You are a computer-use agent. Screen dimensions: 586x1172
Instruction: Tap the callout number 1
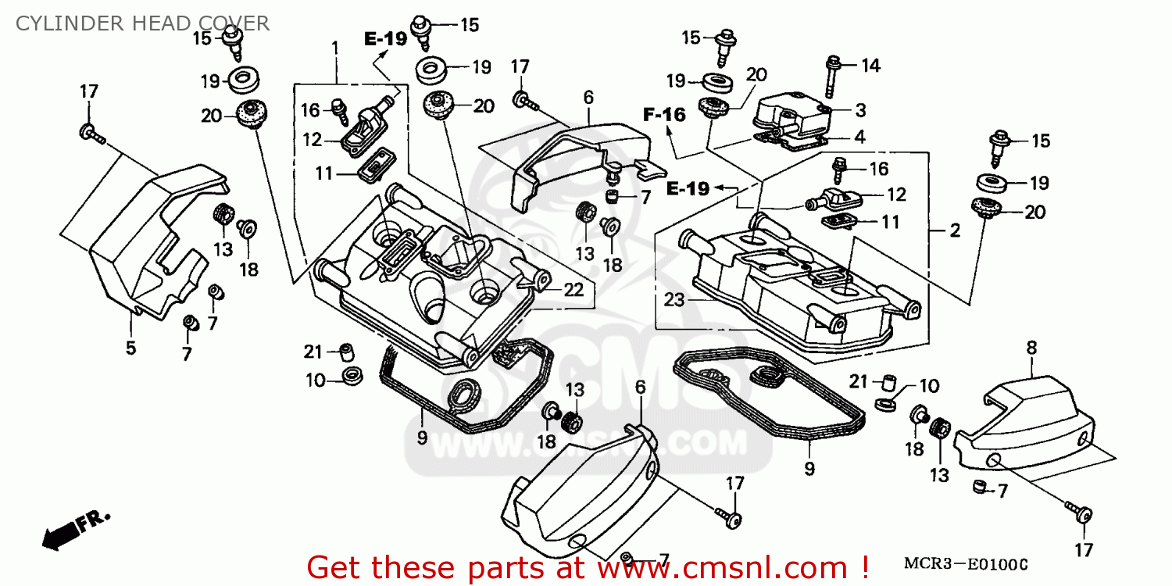[335, 48]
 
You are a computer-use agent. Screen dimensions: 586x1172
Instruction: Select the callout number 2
[954, 230]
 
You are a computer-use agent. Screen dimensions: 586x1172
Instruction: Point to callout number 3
[859, 109]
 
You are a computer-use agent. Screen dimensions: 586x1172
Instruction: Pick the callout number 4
[859, 137]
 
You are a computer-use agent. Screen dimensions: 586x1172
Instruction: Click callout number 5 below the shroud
[130, 348]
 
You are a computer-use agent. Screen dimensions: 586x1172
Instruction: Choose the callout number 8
[1031, 348]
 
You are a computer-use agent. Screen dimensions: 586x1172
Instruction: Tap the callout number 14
[870, 66]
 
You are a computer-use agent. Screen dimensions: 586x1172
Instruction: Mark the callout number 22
[573, 290]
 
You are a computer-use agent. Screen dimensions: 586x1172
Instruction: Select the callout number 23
[674, 298]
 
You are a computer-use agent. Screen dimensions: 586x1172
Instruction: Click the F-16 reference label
[664, 115]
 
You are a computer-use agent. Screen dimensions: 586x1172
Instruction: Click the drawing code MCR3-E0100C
[966, 564]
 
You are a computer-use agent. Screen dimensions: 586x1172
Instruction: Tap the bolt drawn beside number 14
[831, 77]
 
